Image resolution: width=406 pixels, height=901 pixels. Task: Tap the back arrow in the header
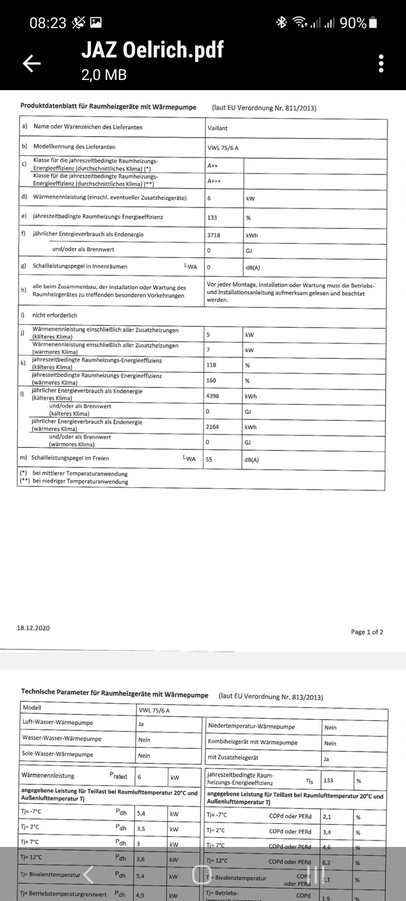(31, 64)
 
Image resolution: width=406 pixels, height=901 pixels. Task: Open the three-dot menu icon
(381, 64)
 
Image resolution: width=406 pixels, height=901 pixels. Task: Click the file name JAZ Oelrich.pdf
(152, 50)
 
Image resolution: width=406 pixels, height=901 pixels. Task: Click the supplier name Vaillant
(218, 128)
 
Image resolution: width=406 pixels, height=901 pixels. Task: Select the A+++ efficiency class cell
(214, 181)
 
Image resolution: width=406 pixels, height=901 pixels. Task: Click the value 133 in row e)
(212, 217)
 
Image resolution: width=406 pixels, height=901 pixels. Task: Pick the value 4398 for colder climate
(212, 396)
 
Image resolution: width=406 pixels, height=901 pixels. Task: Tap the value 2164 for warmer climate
(212, 427)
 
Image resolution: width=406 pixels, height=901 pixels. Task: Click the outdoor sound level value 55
(209, 460)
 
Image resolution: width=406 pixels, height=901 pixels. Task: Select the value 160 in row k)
(212, 381)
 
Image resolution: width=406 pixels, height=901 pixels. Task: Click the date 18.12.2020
(33, 628)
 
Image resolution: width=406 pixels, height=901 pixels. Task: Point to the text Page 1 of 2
(367, 632)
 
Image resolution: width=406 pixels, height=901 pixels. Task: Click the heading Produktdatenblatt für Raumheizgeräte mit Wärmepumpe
(108, 107)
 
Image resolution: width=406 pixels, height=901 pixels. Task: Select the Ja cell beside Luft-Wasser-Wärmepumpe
(141, 724)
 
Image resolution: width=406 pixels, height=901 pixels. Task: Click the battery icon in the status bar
(373, 23)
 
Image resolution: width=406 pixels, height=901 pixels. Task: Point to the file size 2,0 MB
(104, 75)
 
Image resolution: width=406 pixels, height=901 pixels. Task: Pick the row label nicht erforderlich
(55, 315)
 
